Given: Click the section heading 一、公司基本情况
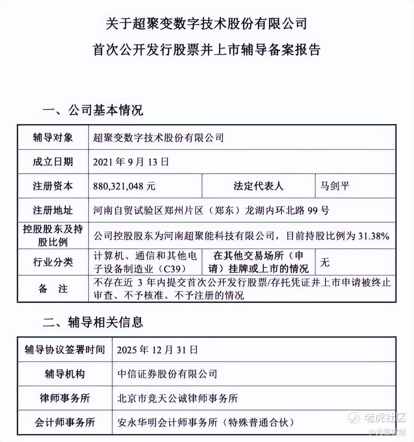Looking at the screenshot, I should (x=92, y=110).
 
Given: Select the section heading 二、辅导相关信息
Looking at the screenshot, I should (x=92, y=322).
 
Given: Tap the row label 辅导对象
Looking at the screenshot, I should (x=53, y=138).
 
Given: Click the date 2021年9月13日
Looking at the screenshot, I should (x=131, y=162).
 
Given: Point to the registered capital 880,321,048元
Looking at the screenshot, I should (x=124, y=186).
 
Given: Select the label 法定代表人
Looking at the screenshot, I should (x=258, y=186).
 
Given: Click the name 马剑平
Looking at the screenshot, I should (x=334, y=186).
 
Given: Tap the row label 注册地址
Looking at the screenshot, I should (x=53, y=210).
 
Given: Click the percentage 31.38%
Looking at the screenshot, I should (x=374, y=236).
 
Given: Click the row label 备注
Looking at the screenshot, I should (x=53, y=289).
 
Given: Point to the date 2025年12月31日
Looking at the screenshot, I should (x=157, y=350).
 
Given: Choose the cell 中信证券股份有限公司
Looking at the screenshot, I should (x=167, y=374).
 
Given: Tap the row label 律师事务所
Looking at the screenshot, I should (x=65, y=398).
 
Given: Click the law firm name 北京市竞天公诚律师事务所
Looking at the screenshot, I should (x=177, y=398).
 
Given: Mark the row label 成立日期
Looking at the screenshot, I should (x=53, y=162).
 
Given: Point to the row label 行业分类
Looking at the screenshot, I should (x=53, y=262).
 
